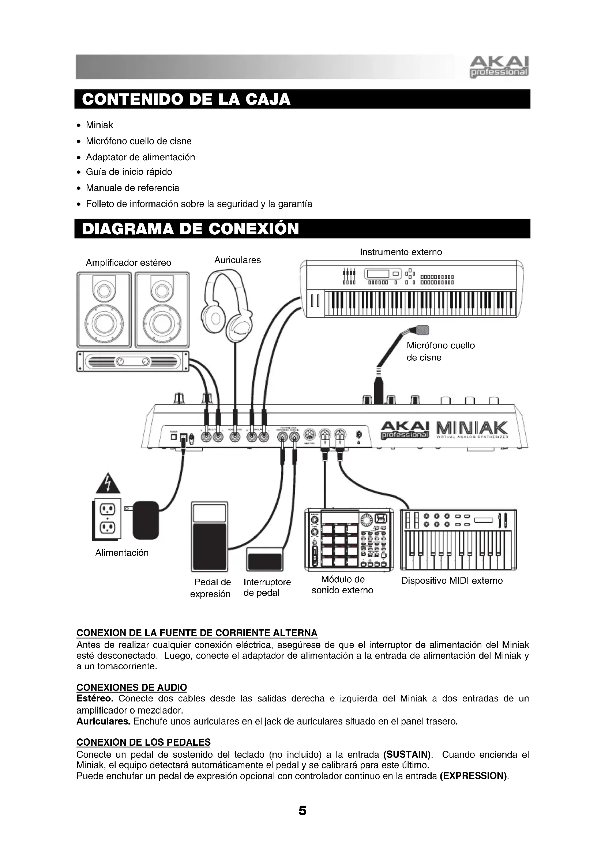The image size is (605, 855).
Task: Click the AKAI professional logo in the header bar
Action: tap(499, 67)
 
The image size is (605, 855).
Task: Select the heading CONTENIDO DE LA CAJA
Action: tap(186, 99)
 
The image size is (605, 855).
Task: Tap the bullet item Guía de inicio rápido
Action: tap(129, 172)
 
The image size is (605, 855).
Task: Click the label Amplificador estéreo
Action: tap(128, 263)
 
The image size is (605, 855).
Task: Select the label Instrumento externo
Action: tap(401, 252)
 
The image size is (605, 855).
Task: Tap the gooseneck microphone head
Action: tap(422, 330)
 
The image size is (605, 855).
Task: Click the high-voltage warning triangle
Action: tap(108, 484)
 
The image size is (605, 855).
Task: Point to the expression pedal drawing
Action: tap(209, 537)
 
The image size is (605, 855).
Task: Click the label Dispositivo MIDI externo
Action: tap(452, 581)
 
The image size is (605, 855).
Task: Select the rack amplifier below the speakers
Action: tap(133, 361)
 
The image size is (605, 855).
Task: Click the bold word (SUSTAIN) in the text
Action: tap(407, 755)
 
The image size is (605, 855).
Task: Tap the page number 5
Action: tap(302, 811)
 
